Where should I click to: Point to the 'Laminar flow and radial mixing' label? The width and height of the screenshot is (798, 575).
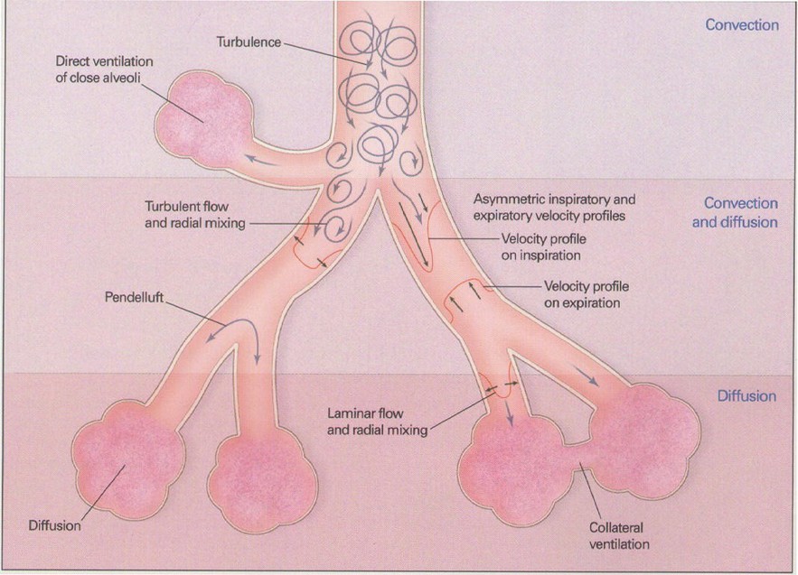tap(376, 422)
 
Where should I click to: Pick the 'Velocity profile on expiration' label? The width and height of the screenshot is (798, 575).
tap(586, 294)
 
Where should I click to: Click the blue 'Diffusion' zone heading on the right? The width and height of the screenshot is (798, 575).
tap(746, 396)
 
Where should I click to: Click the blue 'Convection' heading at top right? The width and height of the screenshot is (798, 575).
tap(742, 25)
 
